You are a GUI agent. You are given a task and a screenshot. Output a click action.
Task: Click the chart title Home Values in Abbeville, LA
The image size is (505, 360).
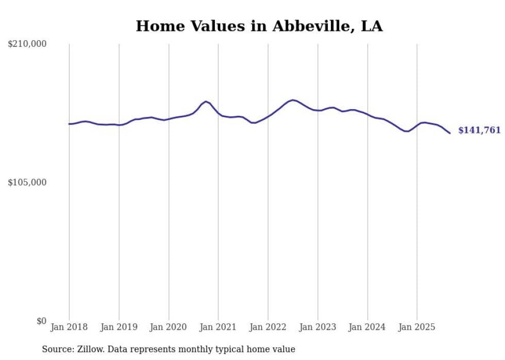pyautogui.click(x=259, y=26)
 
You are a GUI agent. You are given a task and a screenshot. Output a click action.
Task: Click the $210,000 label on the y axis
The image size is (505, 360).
pyautogui.click(x=27, y=44)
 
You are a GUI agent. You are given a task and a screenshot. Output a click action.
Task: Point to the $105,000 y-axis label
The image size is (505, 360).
pyautogui.click(x=27, y=182)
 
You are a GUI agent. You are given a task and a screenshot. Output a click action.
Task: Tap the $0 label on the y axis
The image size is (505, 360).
pyautogui.click(x=41, y=321)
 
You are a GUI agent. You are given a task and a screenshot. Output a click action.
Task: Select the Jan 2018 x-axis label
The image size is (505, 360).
pyautogui.click(x=69, y=327)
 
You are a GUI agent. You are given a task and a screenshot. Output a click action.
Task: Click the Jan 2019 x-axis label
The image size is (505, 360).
pyautogui.click(x=119, y=327)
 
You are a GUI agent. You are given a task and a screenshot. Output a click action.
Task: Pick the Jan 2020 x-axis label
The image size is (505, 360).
pyautogui.click(x=169, y=327)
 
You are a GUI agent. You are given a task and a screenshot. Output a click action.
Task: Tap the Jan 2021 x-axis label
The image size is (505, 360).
pyautogui.click(x=218, y=327)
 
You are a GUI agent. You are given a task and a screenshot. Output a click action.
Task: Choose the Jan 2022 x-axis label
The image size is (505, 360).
pyautogui.click(x=268, y=327)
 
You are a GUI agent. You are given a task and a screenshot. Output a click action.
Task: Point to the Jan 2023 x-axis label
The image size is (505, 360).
pyautogui.click(x=317, y=327)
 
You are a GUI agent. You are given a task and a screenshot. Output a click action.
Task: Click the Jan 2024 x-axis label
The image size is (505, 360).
pyautogui.click(x=367, y=327)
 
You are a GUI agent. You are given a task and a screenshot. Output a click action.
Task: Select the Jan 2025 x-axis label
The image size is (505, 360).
pyautogui.click(x=417, y=327)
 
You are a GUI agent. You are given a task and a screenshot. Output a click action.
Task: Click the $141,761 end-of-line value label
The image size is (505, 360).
pyautogui.click(x=479, y=130)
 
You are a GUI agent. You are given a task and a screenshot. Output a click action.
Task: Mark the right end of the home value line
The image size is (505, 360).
pyautogui.click(x=450, y=133)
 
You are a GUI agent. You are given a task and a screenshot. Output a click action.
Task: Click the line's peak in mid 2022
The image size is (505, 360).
pyautogui.click(x=293, y=100)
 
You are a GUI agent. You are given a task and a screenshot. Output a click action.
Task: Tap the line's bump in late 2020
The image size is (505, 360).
pyautogui.click(x=206, y=101)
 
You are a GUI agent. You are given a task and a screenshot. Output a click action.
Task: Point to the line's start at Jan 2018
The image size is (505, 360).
pyautogui.click(x=69, y=124)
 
